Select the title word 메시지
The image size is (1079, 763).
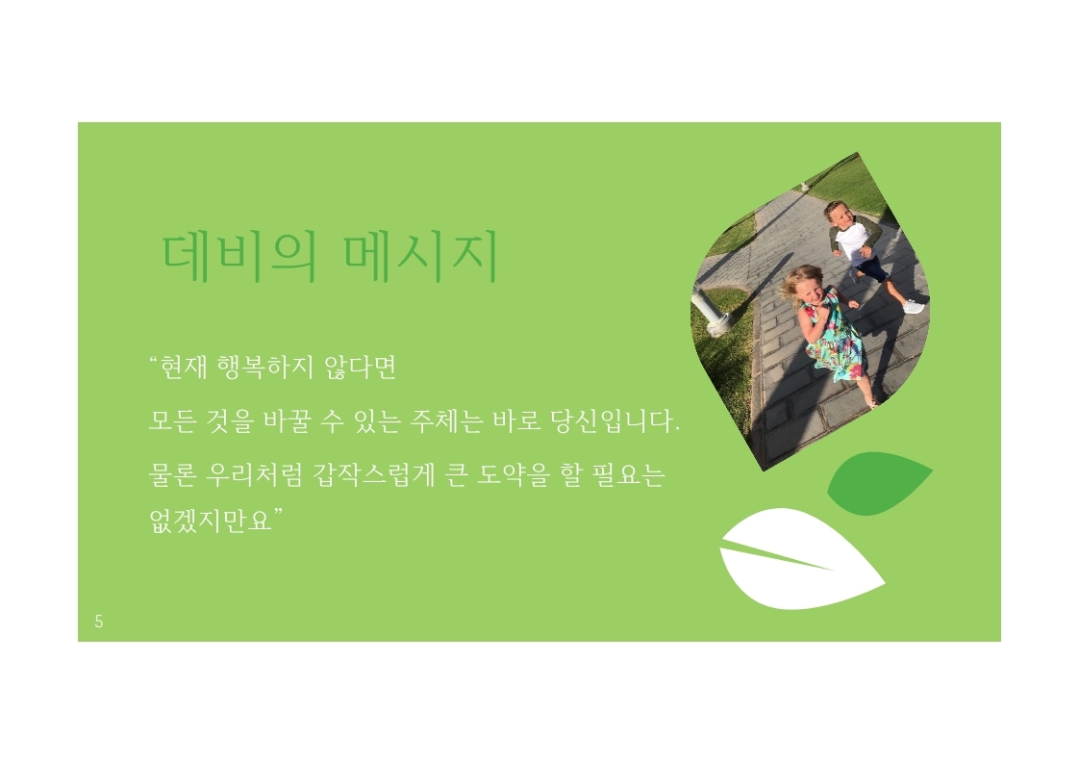pos(420,257)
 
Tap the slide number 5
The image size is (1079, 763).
pos(99,622)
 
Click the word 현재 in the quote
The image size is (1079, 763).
pos(183,367)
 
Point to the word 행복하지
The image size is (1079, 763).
pos(264,367)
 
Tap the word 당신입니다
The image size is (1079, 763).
pos(615,420)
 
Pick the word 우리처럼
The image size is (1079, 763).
pos(254,475)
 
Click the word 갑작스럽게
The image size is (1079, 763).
pos(374,475)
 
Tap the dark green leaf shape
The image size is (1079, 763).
pos(879,483)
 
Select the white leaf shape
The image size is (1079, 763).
pos(800,559)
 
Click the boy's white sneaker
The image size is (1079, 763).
pos(914,307)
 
